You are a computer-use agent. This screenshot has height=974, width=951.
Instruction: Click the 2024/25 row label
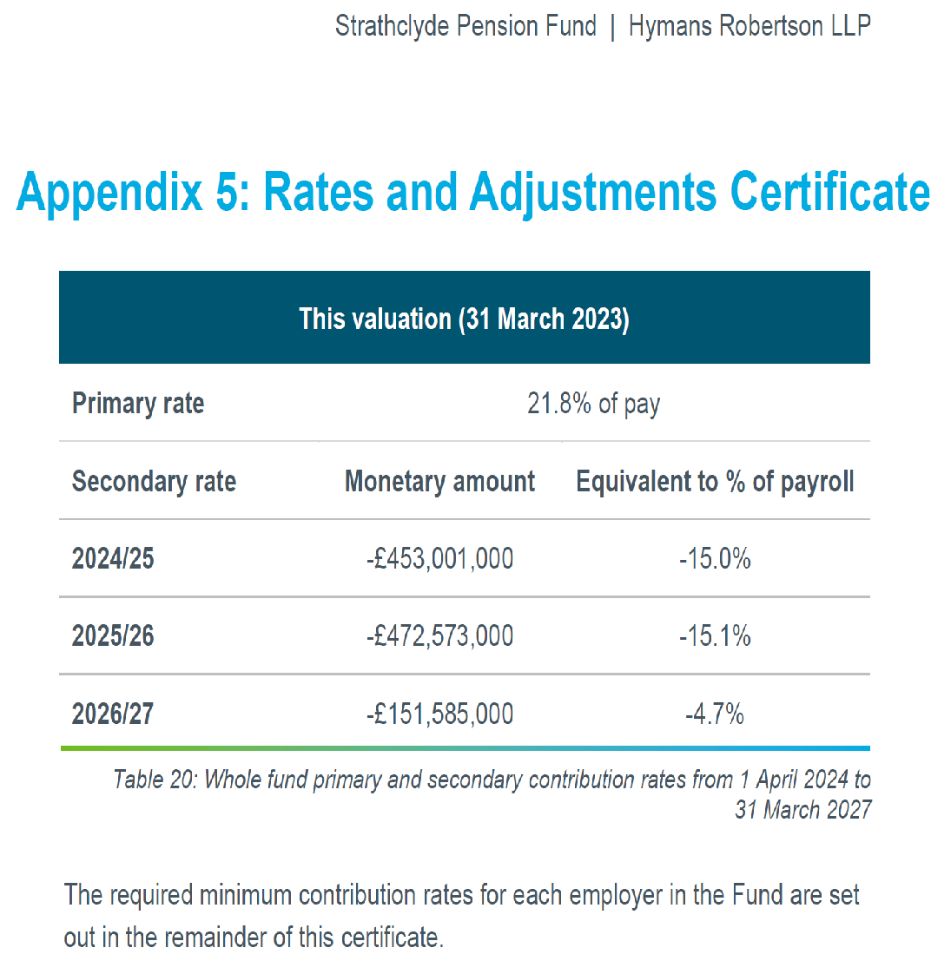[113, 558]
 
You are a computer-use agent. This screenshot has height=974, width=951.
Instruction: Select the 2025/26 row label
[113, 635]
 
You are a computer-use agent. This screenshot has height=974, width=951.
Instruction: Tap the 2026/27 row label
[113, 714]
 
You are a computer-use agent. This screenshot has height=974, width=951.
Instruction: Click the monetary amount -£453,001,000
[439, 558]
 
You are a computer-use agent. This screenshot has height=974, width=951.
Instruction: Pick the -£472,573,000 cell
[439, 635]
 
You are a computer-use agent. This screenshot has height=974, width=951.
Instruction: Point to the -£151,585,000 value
[439, 714]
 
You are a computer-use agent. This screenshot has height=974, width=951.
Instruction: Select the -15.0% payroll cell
[715, 558]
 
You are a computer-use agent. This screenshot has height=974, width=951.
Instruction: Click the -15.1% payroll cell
[715, 635]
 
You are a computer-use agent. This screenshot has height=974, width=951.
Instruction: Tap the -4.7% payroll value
[715, 714]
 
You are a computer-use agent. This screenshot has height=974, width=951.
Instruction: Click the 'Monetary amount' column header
[439, 481]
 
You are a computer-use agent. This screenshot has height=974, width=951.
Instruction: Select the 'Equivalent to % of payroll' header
[715, 481]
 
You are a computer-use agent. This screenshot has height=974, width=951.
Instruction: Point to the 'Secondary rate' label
[154, 481]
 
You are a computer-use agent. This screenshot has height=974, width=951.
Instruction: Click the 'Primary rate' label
[138, 404]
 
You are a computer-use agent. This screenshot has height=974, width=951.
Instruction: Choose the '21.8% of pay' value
[593, 404]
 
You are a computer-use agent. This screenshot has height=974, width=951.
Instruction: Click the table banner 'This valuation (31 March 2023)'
[464, 319]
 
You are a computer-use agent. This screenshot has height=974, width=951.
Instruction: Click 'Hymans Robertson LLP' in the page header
[749, 26]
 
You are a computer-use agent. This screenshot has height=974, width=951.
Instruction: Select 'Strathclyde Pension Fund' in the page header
[466, 26]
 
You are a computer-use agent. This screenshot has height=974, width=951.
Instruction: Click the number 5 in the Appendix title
[228, 192]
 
